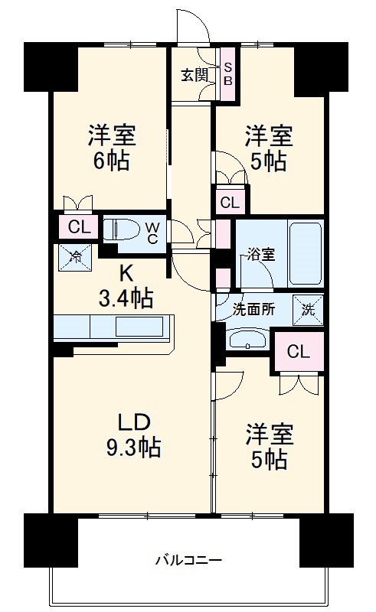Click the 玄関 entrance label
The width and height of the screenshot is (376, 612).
[195, 75]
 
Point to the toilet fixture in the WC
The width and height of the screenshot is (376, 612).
[122, 229]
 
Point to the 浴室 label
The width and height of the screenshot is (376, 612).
[260, 256]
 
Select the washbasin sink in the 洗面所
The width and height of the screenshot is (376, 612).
[246, 339]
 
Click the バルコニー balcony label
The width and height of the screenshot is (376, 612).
[188, 560]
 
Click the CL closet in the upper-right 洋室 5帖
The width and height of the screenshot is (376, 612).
[230, 203]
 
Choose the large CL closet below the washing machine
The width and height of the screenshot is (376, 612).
[299, 351]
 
